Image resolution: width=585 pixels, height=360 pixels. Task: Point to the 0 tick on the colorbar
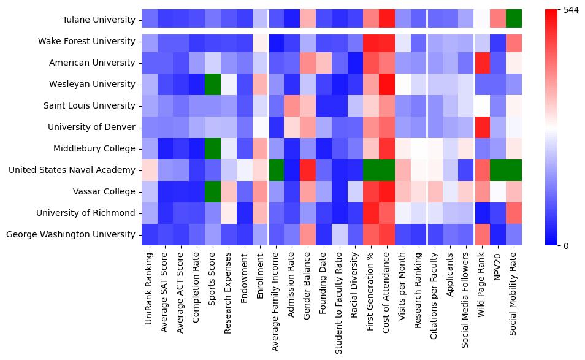coord(567,246)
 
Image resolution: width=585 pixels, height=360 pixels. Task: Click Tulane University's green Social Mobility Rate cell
coord(513,20)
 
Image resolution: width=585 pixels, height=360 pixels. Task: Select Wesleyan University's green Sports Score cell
coord(213,85)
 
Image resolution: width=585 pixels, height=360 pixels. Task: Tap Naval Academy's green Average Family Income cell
coord(276,170)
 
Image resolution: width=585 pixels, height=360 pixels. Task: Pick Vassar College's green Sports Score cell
coord(213,192)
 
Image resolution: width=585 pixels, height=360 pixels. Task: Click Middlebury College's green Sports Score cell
coord(213,149)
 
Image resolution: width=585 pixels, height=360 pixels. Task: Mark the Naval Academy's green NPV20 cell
coord(497,170)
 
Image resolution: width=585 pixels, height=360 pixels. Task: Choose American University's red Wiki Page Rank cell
coord(481,63)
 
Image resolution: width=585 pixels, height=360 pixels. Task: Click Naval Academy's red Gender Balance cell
coord(308,170)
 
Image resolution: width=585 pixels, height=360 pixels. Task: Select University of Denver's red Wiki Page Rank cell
coord(481,128)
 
